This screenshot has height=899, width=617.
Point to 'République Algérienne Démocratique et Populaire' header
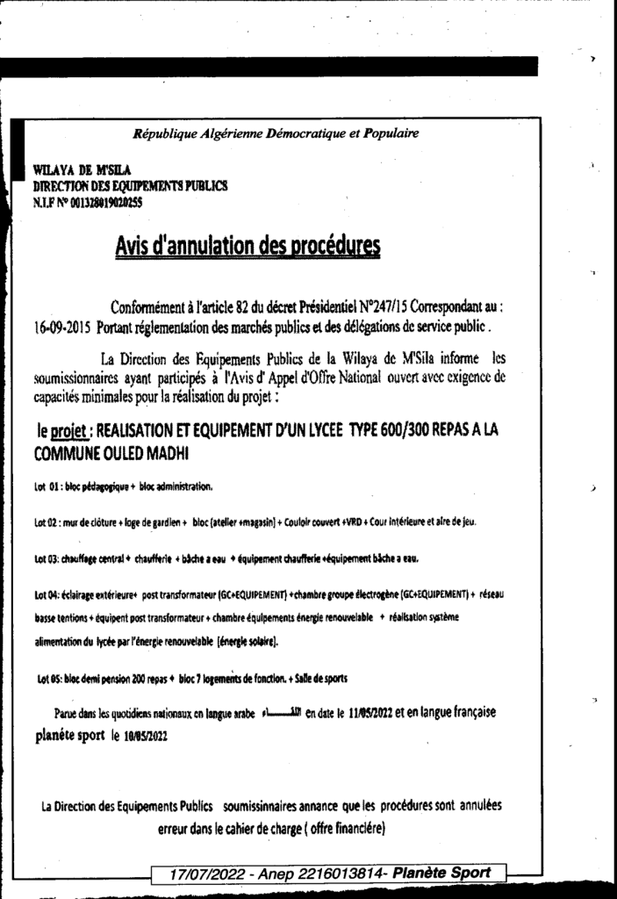pos(275,133)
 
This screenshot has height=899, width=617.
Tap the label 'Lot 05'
pos(49,679)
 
